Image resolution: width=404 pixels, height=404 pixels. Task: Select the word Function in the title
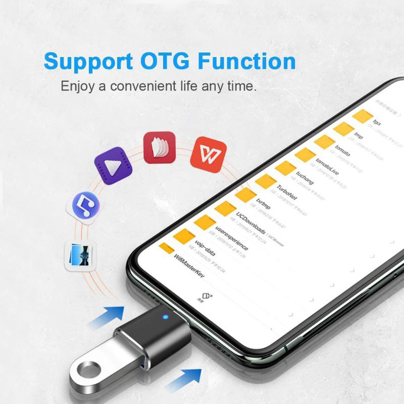point(246,61)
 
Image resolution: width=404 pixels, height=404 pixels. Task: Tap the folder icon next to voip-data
point(185,235)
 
